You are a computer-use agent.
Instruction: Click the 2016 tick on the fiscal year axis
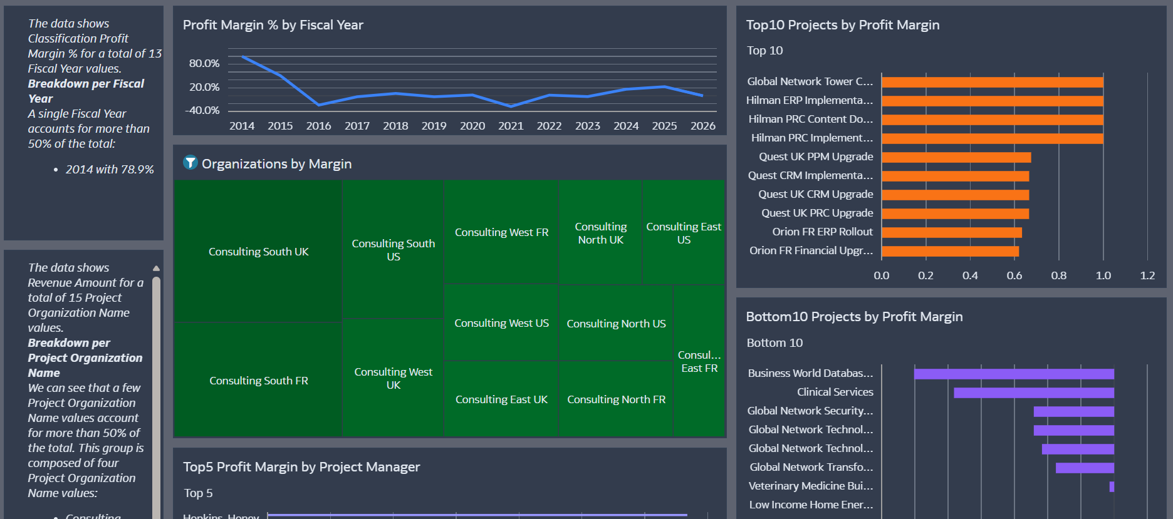[318, 126]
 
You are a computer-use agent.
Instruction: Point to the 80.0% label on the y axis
[204, 63]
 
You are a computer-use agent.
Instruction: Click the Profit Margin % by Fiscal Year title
[273, 25]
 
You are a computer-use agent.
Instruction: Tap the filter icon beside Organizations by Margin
[190, 163]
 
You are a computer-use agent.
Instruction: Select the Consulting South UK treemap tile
[258, 251]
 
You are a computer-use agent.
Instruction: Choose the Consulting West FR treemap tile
[501, 232]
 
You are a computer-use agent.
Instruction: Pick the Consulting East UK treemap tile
[501, 399]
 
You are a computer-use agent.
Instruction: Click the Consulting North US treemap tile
[616, 324]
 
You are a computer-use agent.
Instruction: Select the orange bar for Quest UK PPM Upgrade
[956, 157]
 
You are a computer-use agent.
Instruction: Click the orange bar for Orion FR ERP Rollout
[951, 232]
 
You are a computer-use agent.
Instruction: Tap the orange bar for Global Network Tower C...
[992, 82]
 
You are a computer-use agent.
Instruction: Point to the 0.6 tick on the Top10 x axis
[1014, 275]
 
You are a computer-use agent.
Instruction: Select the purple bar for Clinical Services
[1033, 393]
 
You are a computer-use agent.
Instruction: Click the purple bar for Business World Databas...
[1013, 374]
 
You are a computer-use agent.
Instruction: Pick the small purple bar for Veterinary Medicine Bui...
[1112, 486]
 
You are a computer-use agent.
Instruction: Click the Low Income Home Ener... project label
[811, 505]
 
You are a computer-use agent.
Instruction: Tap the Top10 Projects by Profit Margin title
[842, 25]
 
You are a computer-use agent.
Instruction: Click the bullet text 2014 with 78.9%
[110, 170]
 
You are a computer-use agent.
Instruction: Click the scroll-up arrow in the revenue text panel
[156, 268]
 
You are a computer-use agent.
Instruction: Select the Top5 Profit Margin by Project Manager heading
[301, 467]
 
